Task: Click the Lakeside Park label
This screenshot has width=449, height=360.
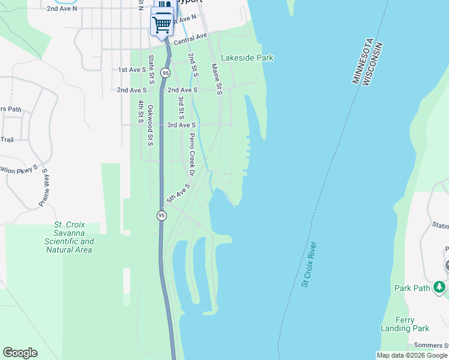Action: point(247,58)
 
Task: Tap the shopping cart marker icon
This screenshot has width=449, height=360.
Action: point(161,25)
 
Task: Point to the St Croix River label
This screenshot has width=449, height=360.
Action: point(309,264)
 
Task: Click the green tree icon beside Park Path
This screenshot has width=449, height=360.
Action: point(441,287)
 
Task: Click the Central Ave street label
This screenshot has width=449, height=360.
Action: point(190,40)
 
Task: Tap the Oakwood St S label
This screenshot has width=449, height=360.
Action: point(151,125)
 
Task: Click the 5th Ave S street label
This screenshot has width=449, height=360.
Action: point(178,193)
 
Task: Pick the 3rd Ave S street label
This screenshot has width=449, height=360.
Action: point(182,125)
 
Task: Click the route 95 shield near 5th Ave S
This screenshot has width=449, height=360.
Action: point(161,215)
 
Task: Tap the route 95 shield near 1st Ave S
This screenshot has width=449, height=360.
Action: point(165,73)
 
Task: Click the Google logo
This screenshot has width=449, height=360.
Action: point(20,353)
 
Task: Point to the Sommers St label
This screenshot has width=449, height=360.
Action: point(430,346)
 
